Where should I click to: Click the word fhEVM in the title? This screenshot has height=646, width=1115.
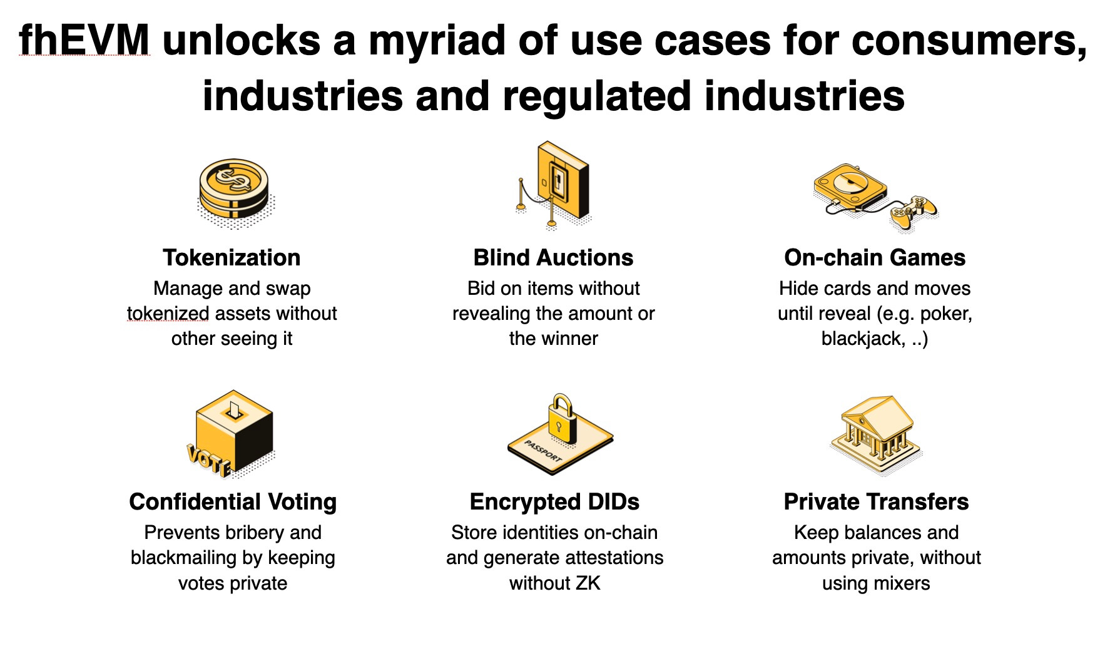click(84, 41)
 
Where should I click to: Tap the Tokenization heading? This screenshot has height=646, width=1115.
click(232, 258)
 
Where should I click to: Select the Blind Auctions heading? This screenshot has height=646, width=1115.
click(553, 258)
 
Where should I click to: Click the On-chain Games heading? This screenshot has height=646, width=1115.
click(875, 258)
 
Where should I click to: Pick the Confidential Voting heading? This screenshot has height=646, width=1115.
click(233, 502)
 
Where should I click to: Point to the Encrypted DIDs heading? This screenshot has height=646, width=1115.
click(554, 502)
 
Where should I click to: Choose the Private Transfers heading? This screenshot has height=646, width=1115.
click(876, 502)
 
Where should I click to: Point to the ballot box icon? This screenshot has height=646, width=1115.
click(235, 432)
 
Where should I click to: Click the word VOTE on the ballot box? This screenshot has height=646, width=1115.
click(209, 460)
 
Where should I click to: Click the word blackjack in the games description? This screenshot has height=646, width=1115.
click(862, 339)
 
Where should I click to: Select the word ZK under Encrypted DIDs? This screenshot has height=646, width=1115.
click(588, 583)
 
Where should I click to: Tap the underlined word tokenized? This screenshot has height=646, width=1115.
click(168, 314)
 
